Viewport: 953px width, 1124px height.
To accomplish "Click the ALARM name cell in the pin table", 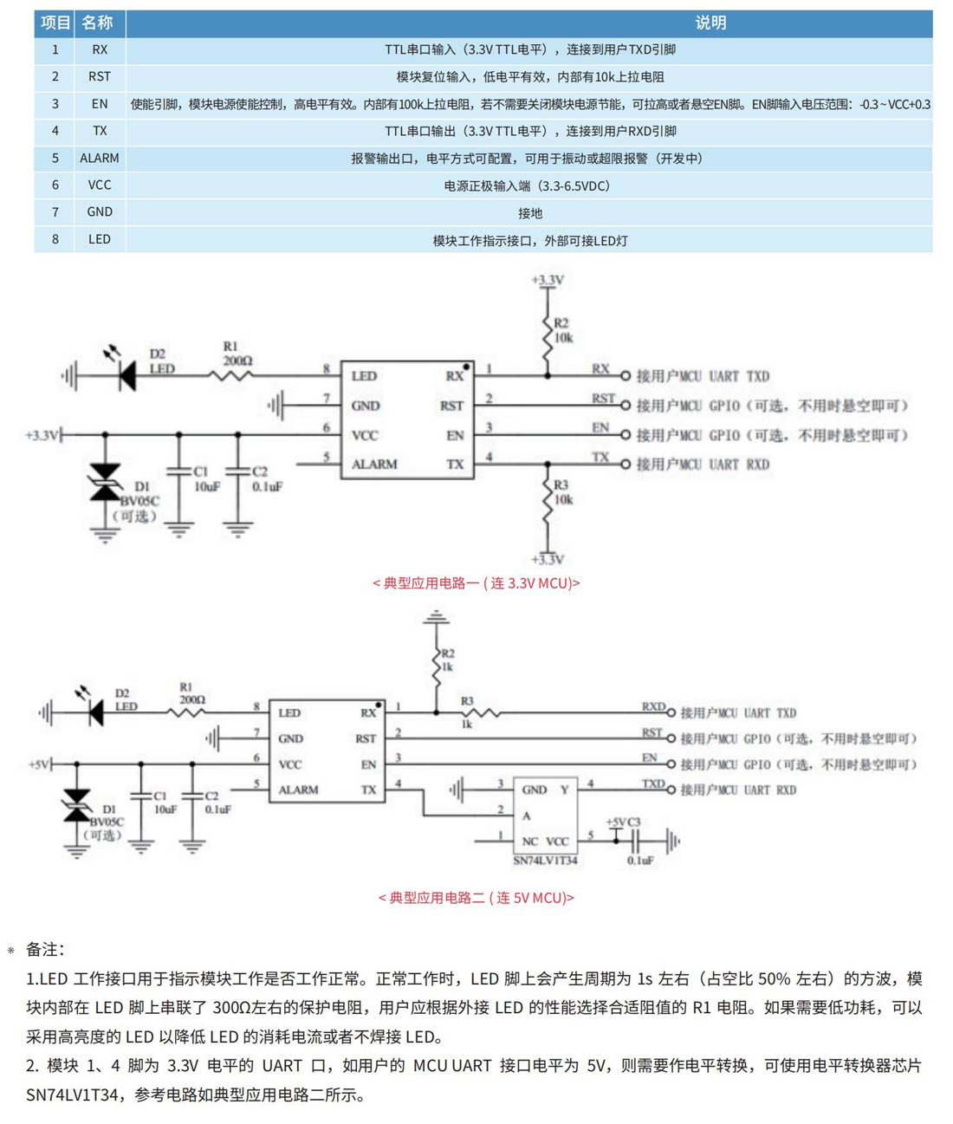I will click(99, 158).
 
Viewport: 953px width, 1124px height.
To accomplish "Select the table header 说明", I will click(710, 23).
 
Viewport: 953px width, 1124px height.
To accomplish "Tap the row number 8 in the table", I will click(55, 239).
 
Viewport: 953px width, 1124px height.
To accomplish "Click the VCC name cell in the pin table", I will click(99, 185).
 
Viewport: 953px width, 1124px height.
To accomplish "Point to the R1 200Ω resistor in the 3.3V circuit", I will click(231, 375).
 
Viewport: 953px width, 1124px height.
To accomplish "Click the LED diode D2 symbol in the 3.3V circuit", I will click(126, 376).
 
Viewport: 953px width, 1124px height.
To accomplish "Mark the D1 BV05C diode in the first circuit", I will click(106, 482).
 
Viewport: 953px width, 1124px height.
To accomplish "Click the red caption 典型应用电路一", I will click(476, 583).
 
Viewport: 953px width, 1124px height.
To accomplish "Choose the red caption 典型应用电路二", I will click(476, 898).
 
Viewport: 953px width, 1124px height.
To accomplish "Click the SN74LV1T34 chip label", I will click(545, 861).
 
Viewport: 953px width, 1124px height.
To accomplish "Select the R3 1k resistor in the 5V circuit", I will click(478, 713).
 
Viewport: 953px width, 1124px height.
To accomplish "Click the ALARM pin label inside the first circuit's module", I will click(374, 465).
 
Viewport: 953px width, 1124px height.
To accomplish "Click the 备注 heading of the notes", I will click(44, 950).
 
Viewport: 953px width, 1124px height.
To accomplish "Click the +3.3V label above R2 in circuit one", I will click(548, 280).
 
